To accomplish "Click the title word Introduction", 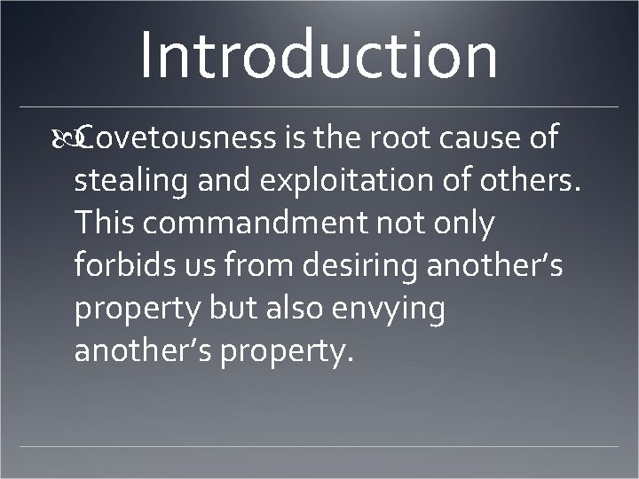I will (x=318, y=53).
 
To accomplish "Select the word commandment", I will (x=258, y=224).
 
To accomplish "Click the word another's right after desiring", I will (x=496, y=266).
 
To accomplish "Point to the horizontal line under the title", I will (x=319, y=106).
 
